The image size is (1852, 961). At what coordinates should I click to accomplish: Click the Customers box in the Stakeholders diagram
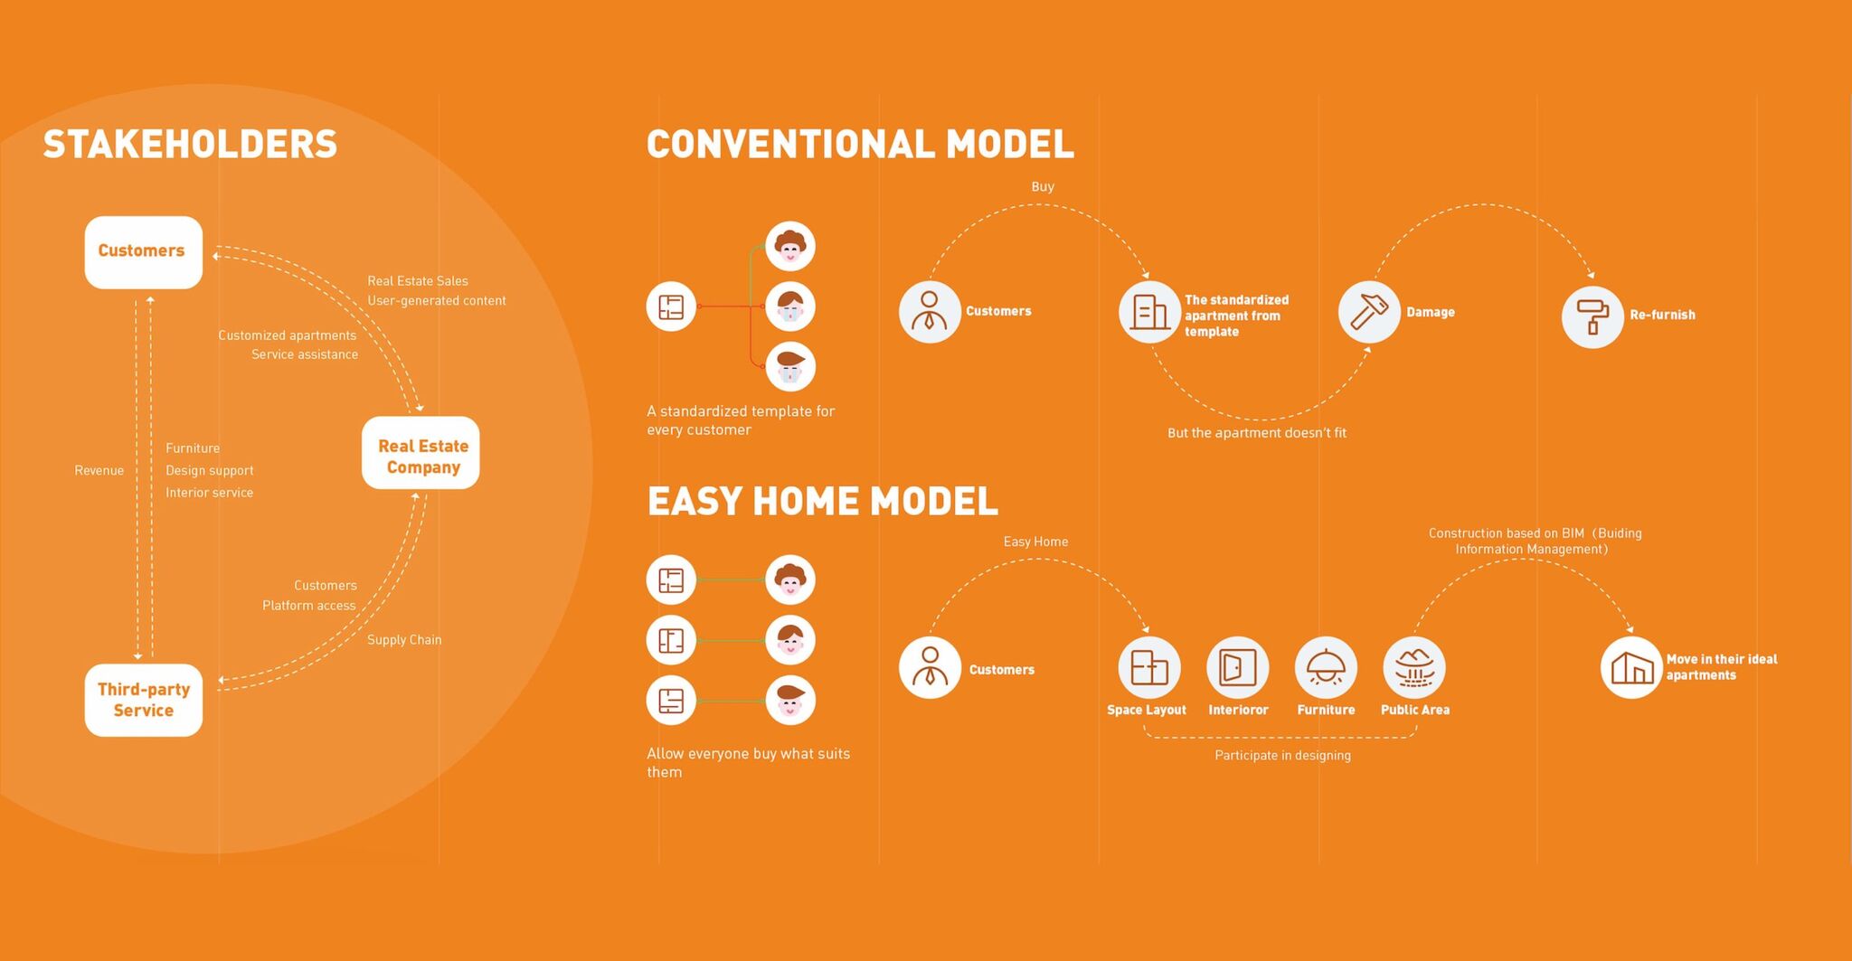click(x=143, y=252)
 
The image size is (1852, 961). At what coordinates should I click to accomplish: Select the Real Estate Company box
click(x=420, y=453)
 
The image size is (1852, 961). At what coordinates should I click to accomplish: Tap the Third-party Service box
click(x=143, y=700)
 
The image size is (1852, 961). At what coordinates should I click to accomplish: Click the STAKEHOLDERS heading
click(x=190, y=145)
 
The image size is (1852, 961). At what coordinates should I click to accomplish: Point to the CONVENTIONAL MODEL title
click(x=860, y=145)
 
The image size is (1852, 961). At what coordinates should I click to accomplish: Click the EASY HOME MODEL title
click(x=822, y=501)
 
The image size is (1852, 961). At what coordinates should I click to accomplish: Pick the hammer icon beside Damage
click(x=1369, y=312)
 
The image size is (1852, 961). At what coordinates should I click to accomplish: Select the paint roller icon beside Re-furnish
click(x=1592, y=316)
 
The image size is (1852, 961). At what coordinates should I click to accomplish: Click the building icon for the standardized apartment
click(x=1149, y=312)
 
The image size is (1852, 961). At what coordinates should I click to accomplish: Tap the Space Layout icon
click(x=1149, y=667)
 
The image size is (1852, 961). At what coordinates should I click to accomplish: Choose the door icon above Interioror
click(x=1237, y=667)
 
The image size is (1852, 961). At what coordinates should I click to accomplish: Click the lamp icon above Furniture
click(x=1326, y=667)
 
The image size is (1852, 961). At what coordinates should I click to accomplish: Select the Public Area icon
click(x=1414, y=667)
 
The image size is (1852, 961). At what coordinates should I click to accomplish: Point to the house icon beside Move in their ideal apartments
click(x=1631, y=667)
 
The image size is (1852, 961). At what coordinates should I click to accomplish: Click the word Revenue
click(x=99, y=470)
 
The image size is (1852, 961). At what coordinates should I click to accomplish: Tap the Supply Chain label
click(x=404, y=640)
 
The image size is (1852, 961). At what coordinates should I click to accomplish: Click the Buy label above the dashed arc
click(x=1043, y=186)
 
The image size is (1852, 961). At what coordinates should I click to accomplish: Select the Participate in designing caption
click(x=1282, y=756)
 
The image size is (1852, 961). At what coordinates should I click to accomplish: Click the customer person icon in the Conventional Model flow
click(x=930, y=312)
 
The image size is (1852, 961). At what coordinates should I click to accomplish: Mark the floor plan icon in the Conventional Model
click(x=671, y=306)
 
